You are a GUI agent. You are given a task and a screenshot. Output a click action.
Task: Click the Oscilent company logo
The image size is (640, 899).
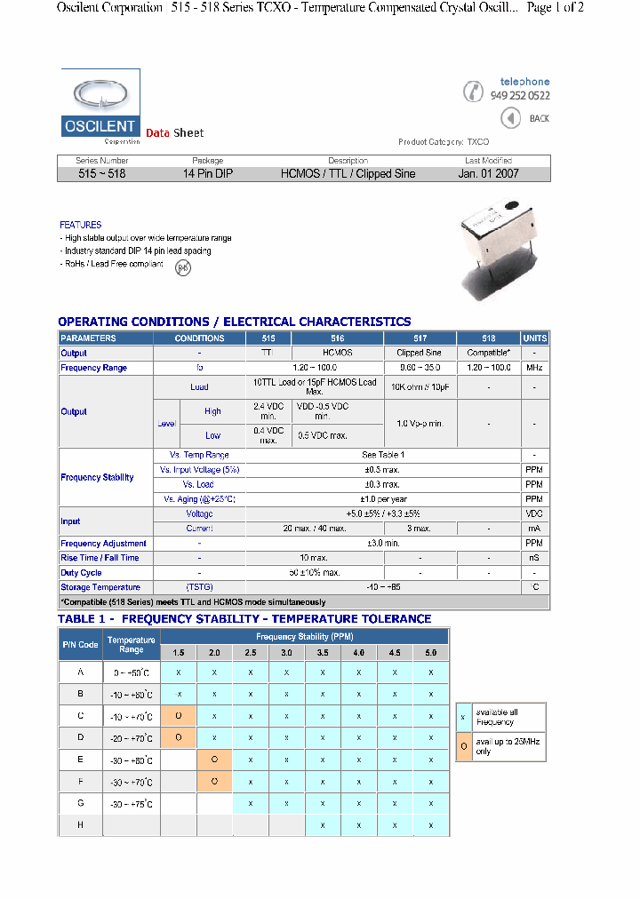(x=100, y=109)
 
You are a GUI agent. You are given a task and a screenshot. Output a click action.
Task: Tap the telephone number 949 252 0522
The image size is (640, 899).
(x=520, y=96)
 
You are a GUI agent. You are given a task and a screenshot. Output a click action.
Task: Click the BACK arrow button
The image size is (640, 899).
(x=511, y=118)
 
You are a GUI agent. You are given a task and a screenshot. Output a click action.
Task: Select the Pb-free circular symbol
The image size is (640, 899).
(x=182, y=267)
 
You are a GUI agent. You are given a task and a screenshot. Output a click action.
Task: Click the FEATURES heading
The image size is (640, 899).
(x=81, y=225)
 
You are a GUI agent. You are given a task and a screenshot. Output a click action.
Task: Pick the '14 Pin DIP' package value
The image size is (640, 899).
(x=208, y=174)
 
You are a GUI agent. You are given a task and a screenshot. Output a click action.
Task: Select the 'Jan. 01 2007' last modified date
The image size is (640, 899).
(x=488, y=174)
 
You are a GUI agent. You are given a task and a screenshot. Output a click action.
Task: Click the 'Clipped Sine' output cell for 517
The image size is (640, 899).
(x=420, y=353)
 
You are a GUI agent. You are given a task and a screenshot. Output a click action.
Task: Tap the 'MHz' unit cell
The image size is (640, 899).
(x=534, y=368)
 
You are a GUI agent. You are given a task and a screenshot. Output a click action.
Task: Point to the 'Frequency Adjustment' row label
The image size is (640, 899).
(x=104, y=543)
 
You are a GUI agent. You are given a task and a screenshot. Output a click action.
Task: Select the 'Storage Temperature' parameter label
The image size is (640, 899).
(x=100, y=587)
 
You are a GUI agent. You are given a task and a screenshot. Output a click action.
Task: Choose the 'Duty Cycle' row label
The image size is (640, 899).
(x=82, y=573)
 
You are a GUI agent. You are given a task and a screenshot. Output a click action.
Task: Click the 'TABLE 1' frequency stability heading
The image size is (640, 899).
(x=244, y=618)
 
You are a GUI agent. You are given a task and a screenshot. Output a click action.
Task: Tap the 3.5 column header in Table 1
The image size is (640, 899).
(x=323, y=653)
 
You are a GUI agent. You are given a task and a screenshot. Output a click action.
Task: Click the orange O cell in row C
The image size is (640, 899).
(x=179, y=716)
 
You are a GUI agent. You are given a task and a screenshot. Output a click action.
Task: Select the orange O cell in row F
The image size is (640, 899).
(x=214, y=782)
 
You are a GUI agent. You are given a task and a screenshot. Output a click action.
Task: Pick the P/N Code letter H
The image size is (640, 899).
(x=80, y=825)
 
